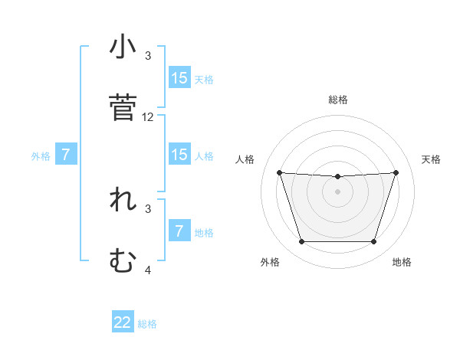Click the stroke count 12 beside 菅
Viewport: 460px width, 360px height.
(148, 117)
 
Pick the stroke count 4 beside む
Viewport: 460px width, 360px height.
(148, 270)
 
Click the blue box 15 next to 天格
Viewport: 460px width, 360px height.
(179, 78)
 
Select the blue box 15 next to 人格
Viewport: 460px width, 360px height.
(179, 155)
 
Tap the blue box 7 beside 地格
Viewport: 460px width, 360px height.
(179, 231)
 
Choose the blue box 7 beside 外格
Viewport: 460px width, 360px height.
(66, 155)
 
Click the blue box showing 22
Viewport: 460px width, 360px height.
(123, 322)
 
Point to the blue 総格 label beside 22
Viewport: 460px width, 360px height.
(147, 324)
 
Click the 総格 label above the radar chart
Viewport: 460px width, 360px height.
(337, 100)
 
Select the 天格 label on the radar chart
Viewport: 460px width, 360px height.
(432, 159)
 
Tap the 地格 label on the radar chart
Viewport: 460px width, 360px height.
(402, 262)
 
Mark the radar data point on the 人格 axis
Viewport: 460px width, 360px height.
(279, 172)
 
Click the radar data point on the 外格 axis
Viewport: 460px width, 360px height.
(301, 242)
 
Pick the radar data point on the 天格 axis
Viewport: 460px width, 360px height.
(396, 172)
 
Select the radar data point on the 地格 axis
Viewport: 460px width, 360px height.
(373, 242)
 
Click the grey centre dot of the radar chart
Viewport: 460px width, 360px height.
(337, 191)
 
